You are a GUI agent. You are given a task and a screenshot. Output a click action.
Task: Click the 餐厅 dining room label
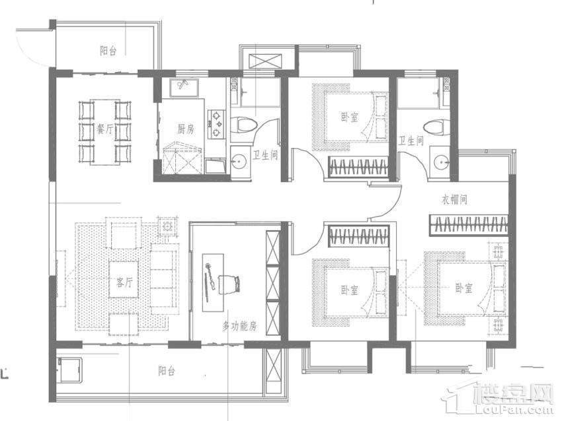pos(104,129)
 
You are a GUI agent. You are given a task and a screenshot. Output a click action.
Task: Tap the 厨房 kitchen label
pos(186,129)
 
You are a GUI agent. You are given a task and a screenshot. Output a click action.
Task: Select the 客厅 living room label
pos(124,282)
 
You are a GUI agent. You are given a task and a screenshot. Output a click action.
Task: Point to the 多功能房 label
pos(239,326)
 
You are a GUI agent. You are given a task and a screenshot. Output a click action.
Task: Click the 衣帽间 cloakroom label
pos(454,199)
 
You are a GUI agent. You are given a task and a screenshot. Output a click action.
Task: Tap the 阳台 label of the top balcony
pos(108,50)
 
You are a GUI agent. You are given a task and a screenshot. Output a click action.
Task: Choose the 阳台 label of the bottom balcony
pos(167,371)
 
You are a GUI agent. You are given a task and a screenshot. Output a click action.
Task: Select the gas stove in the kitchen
pos(217,125)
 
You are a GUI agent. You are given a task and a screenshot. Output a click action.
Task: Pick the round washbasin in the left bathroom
pos(237,163)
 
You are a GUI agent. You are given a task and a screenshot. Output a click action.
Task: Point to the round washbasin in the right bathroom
pos(442,163)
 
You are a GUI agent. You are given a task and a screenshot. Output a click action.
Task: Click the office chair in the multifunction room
pos(229,284)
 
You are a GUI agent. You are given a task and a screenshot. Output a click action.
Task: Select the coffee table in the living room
pos(124,279)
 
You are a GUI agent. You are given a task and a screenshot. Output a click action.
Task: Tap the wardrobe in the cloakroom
pos(469,225)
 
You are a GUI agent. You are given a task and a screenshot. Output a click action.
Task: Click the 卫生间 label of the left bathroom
pos(266,155)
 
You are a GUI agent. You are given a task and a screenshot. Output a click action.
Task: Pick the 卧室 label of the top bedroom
pos(350,117)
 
